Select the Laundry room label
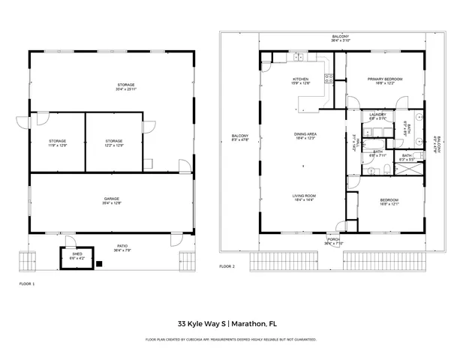[377, 116]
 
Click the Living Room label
[304, 197]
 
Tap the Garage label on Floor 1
[112, 200]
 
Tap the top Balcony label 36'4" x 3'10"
[341, 37]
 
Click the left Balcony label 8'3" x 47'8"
[240, 138]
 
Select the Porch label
[333, 241]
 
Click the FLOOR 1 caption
[27, 284]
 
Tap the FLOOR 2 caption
[227, 266]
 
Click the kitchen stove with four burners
[329, 77]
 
